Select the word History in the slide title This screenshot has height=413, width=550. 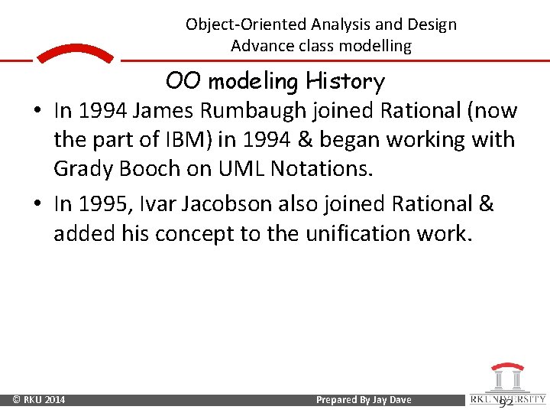click(344, 81)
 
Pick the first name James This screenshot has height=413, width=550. click(161, 112)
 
